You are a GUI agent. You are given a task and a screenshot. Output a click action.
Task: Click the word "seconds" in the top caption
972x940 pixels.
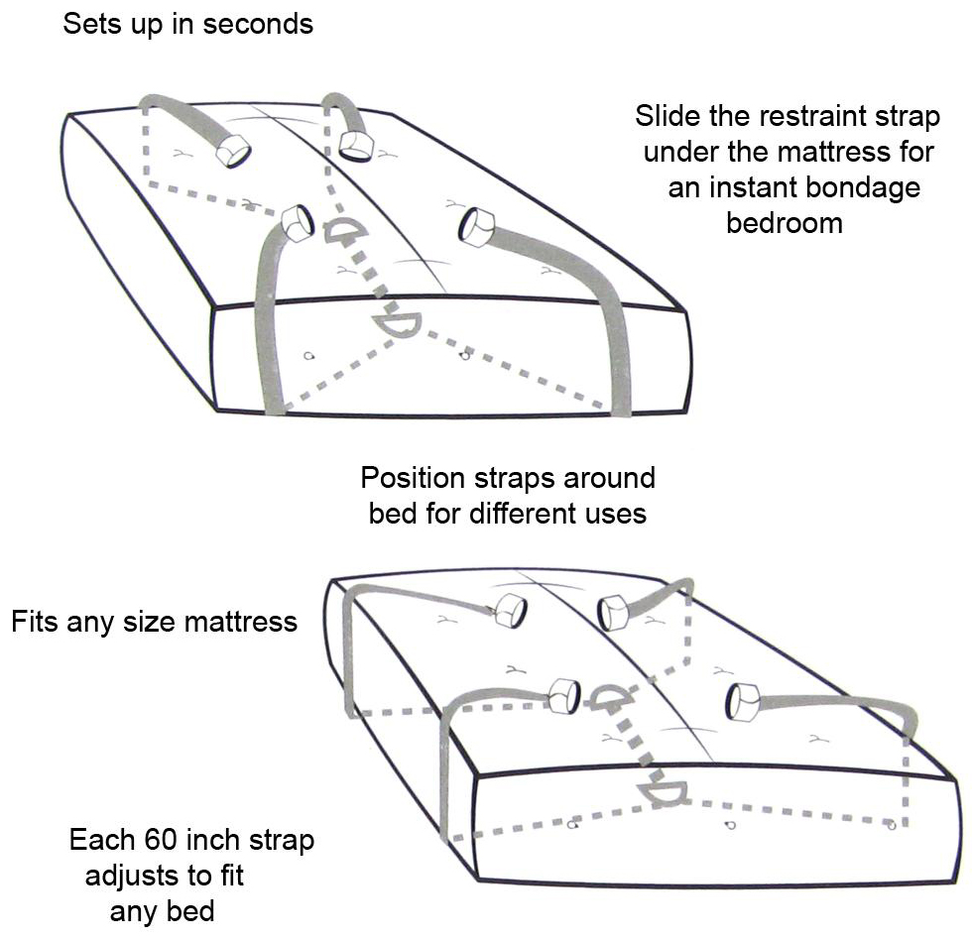point(258,24)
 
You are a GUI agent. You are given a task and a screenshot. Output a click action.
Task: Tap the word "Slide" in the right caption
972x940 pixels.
point(668,116)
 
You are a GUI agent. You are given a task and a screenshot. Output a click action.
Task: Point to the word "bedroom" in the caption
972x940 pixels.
point(785,223)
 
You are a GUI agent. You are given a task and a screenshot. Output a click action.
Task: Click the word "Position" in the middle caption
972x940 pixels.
point(413,478)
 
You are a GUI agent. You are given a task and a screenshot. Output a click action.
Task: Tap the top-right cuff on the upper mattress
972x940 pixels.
point(356,146)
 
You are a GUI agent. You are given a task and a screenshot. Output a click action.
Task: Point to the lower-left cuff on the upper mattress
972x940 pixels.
point(298,224)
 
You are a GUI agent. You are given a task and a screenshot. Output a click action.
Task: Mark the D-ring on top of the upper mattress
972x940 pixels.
point(344,230)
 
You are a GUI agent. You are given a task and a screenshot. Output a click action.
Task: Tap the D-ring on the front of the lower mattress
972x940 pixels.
point(664,792)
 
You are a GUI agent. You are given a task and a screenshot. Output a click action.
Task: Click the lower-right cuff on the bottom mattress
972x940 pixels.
point(743,702)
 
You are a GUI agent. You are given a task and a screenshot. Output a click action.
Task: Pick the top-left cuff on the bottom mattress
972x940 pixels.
point(510,611)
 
